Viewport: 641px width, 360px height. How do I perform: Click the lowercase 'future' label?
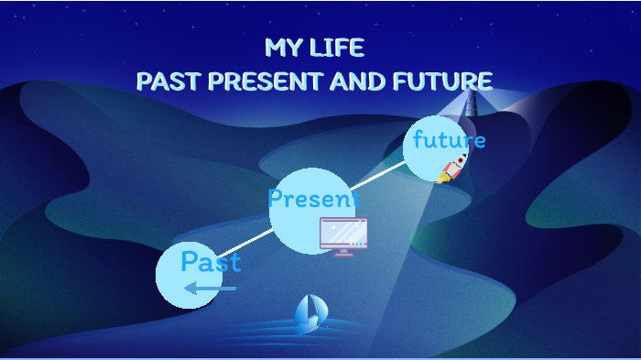449,141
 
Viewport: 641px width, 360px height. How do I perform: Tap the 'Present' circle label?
313,199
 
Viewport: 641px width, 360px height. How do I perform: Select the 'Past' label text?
211,263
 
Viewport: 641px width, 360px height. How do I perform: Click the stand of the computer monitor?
343,252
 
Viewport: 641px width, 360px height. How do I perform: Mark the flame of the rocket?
443,178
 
